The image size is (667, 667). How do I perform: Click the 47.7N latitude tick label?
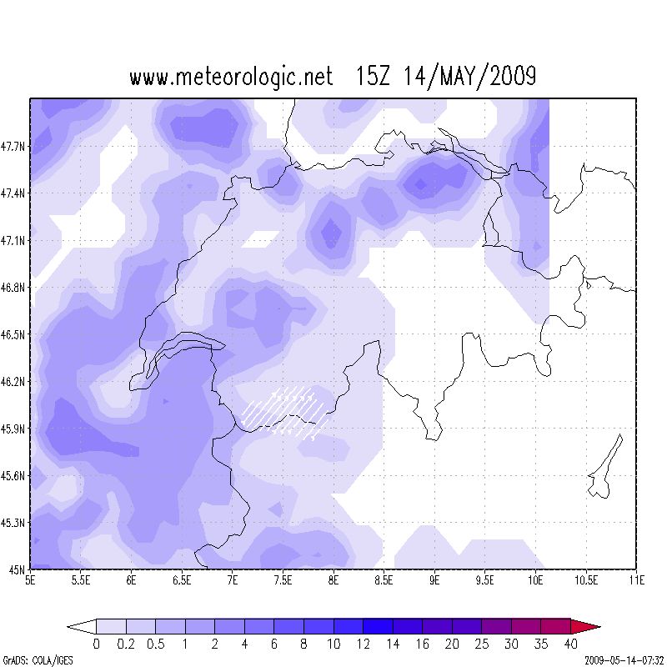(x=14, y=146)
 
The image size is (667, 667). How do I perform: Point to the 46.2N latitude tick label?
(x=14, y=382)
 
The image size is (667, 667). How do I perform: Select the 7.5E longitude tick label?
(x=283, y=579)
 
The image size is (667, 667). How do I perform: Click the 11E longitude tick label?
(x=636, y=579)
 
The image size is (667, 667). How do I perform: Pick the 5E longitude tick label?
(x=31, y=579)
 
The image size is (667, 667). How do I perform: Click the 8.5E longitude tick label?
(x=384, y=579)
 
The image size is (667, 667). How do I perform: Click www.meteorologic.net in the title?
(x=231, y=78)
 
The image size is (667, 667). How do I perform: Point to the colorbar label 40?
(x=570, y=644)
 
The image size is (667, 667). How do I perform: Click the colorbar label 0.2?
(x=126, y=644)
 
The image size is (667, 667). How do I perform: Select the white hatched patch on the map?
(x=283, y=410)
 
